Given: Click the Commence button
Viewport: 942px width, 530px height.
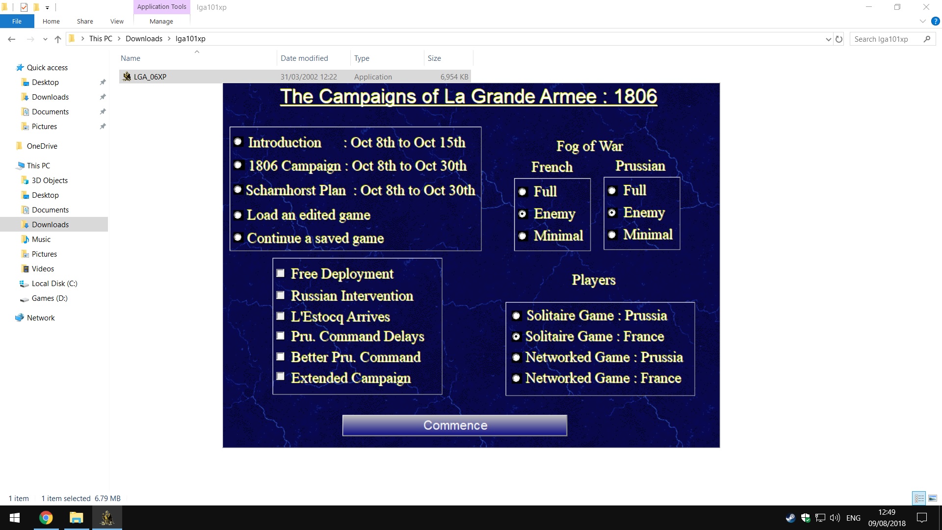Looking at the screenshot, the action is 455,425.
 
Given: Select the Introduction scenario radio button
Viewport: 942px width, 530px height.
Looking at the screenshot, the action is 238,142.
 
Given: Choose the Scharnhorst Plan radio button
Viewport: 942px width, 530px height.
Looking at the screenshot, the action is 238,189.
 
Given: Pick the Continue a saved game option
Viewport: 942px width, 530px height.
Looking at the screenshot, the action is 238,238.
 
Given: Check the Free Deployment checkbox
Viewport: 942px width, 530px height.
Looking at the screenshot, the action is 280,273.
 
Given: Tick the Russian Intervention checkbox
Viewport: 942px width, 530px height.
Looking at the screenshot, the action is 280,295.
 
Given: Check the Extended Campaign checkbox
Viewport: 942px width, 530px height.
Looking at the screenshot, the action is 280,376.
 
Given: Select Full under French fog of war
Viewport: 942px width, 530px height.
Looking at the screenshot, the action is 523,192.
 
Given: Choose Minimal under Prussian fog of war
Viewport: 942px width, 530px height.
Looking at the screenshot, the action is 612,235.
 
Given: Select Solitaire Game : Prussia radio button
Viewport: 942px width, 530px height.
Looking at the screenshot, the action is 516,316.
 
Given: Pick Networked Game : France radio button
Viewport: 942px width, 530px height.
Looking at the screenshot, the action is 516,378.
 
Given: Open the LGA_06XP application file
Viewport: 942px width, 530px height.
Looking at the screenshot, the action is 150,77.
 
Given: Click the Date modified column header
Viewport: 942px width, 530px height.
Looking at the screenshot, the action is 304,58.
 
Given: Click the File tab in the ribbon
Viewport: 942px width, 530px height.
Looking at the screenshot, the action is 17,22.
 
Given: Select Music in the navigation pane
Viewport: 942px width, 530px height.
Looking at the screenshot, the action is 41,239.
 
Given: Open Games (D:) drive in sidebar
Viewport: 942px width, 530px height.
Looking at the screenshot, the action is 50,298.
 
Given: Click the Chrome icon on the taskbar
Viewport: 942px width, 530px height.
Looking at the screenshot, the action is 46,518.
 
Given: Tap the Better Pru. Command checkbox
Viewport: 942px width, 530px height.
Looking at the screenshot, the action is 280,356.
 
